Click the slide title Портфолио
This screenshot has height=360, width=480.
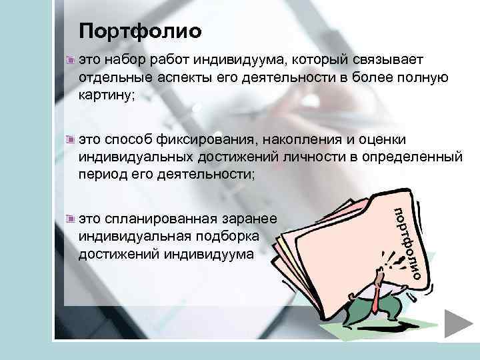pos(139,31)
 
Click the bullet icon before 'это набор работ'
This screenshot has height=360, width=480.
pos(71,60)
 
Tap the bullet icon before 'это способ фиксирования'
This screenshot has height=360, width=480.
pos(71,139)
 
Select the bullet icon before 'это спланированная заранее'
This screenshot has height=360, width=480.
pos(71,217)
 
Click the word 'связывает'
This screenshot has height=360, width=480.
pos(391,61)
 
